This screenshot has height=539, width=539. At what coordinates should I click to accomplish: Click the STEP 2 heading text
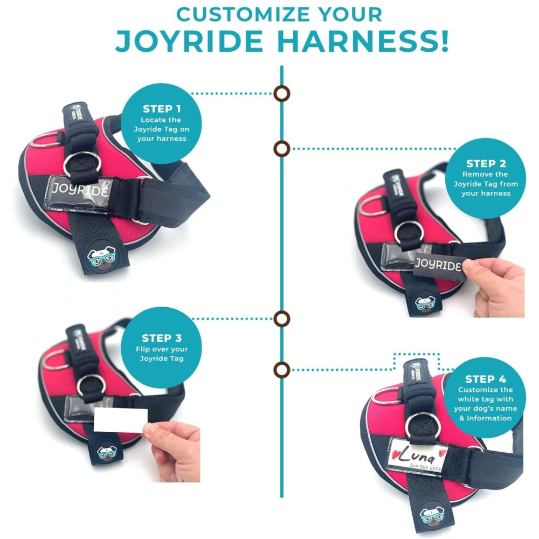click(486, 163)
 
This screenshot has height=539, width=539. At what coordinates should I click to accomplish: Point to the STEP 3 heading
click(161, 338)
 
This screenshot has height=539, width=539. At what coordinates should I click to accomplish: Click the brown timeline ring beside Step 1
click(281, 93)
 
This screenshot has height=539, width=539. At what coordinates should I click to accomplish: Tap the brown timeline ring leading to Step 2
click(281, 148)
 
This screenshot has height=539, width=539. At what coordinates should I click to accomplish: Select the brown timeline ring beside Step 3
click(281, 319)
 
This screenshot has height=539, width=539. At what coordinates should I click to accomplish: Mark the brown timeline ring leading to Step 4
click(281, 370)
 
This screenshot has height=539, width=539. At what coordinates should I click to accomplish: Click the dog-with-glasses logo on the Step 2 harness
click(425, 305)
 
